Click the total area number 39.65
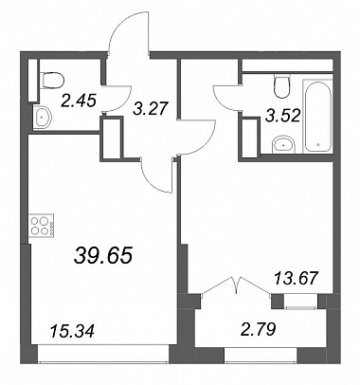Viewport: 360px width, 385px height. coord(103,255)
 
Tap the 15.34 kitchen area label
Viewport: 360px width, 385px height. coord(72,331)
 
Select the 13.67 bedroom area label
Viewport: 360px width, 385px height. coord(296,279)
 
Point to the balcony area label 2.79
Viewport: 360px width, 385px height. coord(258,330)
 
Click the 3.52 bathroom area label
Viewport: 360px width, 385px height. coord(282,116)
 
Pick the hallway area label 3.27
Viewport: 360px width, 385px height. coord(150,108)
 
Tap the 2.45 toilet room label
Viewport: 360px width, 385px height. coord(79,101)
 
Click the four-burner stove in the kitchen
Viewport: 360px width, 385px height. coord(42,226)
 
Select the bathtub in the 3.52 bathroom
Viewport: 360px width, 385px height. coord(317,116)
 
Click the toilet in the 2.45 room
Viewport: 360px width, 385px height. coord(53,81)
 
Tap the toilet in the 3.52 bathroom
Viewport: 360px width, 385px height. coord(282,86)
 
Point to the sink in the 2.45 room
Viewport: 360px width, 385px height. coord(43,118)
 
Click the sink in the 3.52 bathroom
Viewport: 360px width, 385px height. coord(283,145)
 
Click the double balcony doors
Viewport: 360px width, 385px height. coord(236,285)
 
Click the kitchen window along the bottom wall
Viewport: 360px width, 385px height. coord(103,353)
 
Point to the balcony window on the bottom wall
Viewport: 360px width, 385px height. coord(261,355)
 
